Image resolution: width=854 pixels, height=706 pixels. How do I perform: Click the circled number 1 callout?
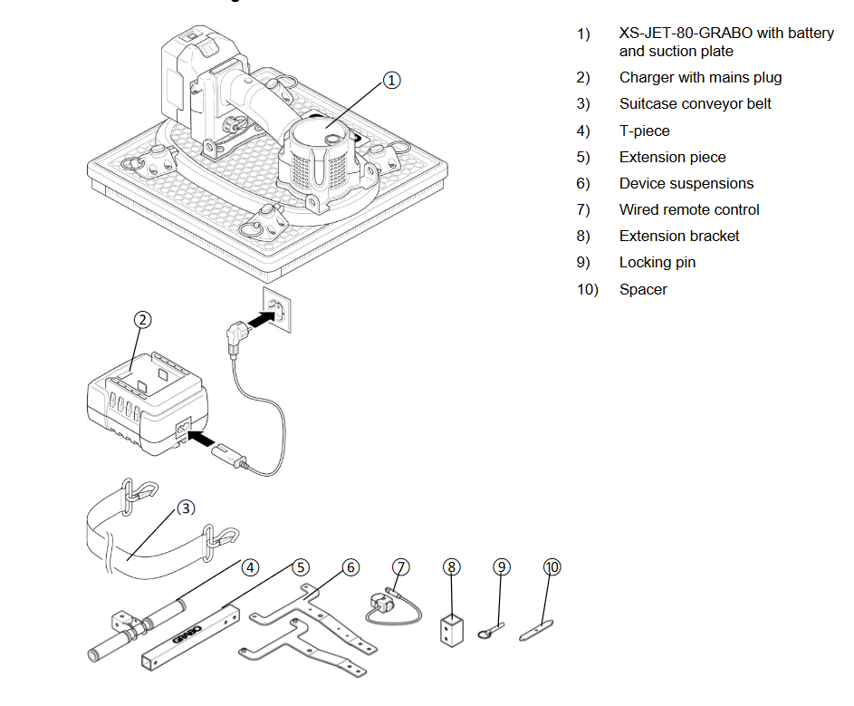(391, 80)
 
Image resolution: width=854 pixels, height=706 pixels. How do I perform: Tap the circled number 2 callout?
(143, 320)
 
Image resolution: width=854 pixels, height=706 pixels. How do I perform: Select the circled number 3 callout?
(186, 508)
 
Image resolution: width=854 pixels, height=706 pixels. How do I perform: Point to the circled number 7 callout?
(401, 567)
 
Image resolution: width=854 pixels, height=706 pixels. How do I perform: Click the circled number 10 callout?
(552, 567)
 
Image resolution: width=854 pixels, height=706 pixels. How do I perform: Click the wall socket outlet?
(277, 310)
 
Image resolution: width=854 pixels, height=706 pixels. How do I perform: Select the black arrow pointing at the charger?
(201, 439)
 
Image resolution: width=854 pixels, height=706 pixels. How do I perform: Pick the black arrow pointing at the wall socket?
(261, 318)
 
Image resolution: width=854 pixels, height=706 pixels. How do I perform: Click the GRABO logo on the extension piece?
(187, 634)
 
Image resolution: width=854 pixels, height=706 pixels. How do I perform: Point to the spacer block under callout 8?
(452, 631)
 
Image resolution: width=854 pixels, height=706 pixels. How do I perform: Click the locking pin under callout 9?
(491, 630)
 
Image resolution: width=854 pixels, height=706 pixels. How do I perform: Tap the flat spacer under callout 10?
(536, 631)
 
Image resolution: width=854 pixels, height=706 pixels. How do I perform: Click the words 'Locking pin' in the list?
(657, 262)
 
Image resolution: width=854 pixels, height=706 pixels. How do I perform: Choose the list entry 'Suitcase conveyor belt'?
(695, 103)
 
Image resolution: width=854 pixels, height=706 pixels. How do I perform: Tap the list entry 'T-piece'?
(644, 131)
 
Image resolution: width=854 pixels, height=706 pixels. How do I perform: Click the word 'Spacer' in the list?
(643, 289)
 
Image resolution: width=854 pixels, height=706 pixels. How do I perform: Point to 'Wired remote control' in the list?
(689, 209)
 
